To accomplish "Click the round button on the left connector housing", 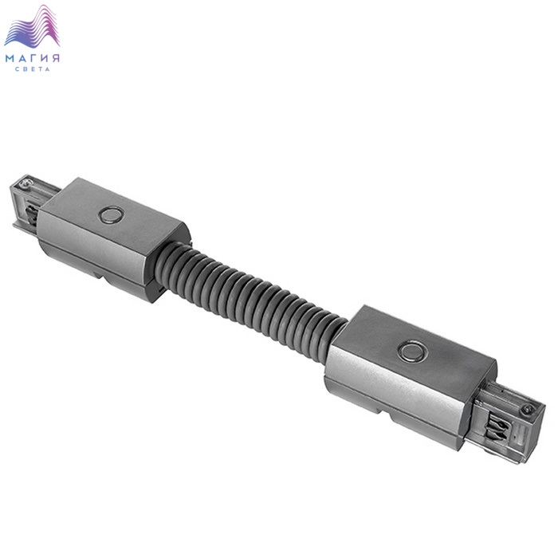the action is pos(112,215).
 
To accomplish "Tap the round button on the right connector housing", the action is pos(412,351).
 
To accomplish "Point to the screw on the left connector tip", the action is pos(26,183).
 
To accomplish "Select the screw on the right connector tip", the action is pos(528,409).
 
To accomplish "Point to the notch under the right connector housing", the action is pos(386,413).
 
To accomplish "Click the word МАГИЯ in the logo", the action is pos(33,58).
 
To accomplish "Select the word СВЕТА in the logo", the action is pos(33,69).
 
